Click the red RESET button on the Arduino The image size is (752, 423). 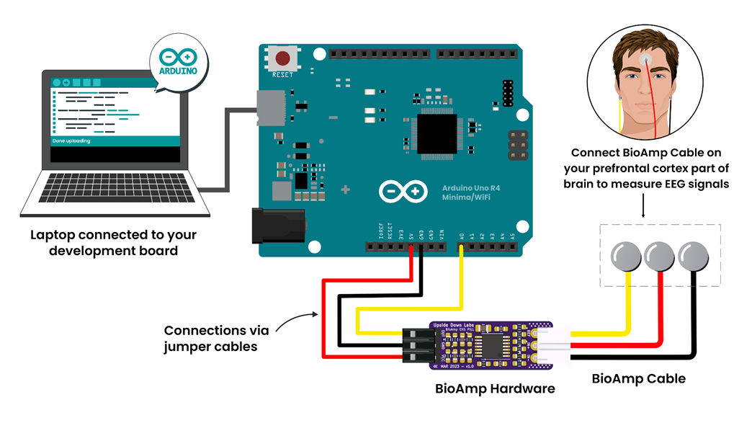[x=281, y=58]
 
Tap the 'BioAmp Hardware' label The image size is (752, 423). [x=495, y=388]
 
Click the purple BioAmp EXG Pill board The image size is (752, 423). [x=490, y=345]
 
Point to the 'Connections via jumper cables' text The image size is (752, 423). [x=216, y=338]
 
